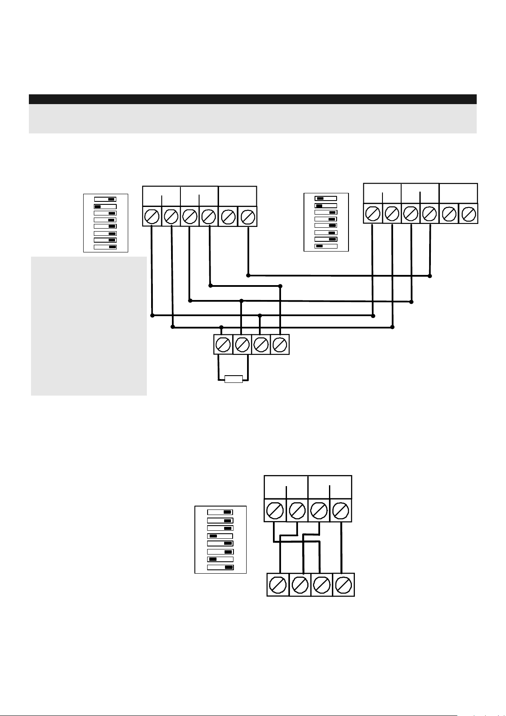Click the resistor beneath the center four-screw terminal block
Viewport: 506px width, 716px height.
click(x=233, y=379)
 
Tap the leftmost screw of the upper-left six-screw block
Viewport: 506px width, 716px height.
click(x=152, y=217)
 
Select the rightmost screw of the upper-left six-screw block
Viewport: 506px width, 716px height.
click(x=247, y=217)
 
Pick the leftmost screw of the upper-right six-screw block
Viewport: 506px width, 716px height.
click(x=373, y=214)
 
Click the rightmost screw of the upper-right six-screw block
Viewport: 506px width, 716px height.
click(x=468, y=214)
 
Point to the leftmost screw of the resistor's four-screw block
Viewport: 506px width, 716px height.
click(x=223, y=345)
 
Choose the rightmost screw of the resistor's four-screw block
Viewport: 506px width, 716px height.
click(x=280, y=345)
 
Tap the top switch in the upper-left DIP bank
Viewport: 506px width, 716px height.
click(x=105, y=199)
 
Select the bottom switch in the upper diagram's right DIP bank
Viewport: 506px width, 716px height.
click(x=326, y=246)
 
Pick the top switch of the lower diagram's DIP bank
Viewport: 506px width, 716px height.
click(x=220, y=512)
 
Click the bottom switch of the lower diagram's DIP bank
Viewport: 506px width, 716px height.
click(x=220, y=567)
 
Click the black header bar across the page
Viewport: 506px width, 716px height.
click(x=253, y=99)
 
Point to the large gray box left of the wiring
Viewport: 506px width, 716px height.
click(x=89, y=326)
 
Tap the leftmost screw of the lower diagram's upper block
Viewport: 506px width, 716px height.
click(x=275, y=510)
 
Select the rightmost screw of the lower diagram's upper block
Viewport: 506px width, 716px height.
click(x=341, y=510)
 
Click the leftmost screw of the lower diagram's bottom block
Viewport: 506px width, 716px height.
click(x=278, y=585)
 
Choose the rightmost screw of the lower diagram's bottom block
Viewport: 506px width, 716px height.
click(x=343, y=585)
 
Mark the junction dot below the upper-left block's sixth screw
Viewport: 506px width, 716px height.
click(x=248, y=275)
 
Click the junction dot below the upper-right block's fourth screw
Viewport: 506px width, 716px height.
click(x=430, y=276)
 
